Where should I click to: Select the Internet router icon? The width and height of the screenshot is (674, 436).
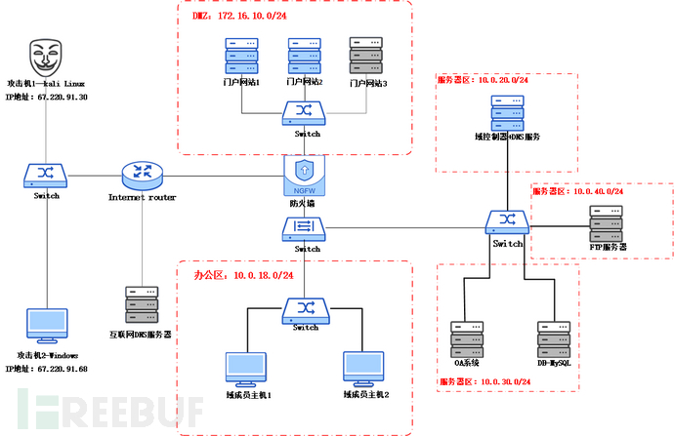pyautogui.click(x=141, y=175)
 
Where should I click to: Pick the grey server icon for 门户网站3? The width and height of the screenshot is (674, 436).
pyautogui.click(x=364, y=57)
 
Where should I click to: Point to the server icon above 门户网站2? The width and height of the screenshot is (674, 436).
pyautogui.click(x=303, y=57)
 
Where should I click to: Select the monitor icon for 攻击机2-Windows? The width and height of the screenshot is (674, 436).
pyautogui.click(x=47, y=330)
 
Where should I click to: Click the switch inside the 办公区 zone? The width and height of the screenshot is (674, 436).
pyautogui.click(x=304, y=309)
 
